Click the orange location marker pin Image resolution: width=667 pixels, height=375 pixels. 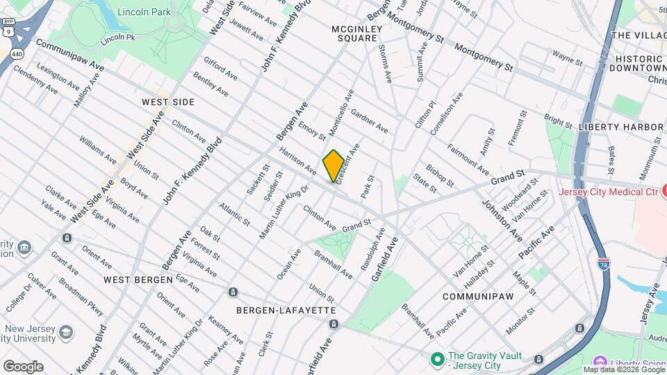[x=333, y=165]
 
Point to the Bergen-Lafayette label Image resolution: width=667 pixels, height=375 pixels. [x=286, y=310]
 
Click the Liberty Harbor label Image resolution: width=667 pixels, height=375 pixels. [x=620, y=127]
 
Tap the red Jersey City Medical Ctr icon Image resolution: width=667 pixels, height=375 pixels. [x=664, y=189]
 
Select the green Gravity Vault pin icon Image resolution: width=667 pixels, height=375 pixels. [x=437, y=359]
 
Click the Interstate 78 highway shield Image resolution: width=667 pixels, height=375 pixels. [x=603, y=265]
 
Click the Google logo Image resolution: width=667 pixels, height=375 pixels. [x=23, y=366]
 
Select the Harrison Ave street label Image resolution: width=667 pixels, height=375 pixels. [x=298, y=160]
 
